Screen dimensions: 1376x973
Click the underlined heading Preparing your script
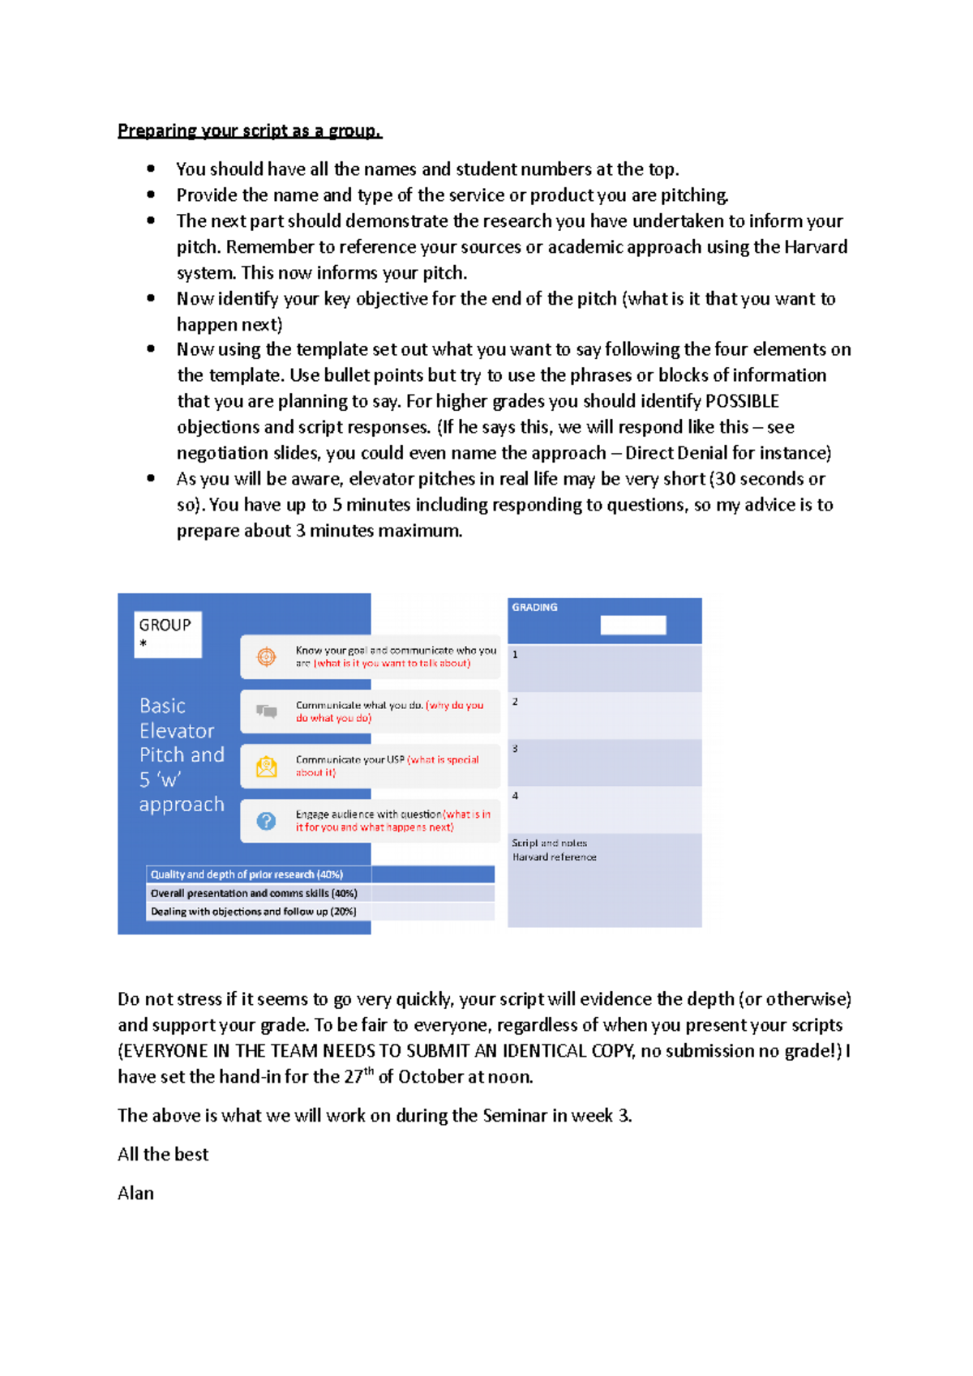[x=249, y=130]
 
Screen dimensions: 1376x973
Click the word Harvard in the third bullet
[x=816, y=246]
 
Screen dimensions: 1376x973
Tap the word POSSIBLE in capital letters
[x=742, y=401]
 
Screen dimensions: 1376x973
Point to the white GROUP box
[x=168, y=634]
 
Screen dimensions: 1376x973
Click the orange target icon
[x=267, y=656]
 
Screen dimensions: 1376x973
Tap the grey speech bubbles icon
[x=267, y=711]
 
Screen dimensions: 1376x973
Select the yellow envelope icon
[x=267, y=766]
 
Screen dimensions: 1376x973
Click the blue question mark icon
[x=267, y=821]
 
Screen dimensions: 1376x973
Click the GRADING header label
[x=534, y=607]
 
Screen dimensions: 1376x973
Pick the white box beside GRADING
[x=633, y=625]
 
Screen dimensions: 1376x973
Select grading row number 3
[x=604, y=762]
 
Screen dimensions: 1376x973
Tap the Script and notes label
[x=550, y=843]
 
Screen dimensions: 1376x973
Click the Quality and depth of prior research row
[x=246, y=874]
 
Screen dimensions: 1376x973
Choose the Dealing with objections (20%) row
[x=253, y=912]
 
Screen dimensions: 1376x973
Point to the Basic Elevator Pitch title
[x=181, y=754]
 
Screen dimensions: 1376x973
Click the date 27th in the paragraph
[x=358, y=1077]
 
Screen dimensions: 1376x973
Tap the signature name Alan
[x=135, y=1193]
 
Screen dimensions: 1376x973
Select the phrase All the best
[x=163, y=1154]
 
